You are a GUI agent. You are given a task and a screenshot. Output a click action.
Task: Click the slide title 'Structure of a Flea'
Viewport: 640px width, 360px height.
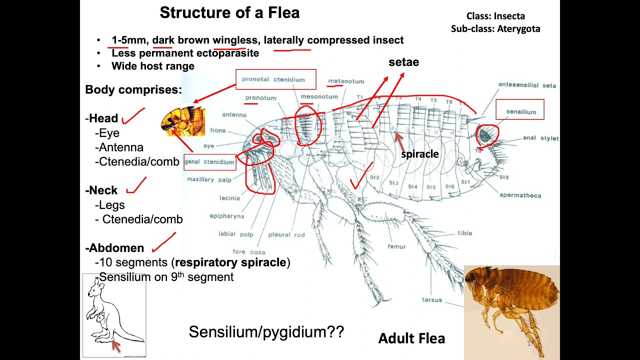pos(229,12)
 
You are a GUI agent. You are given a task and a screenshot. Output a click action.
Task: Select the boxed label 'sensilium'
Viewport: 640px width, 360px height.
pos(520,111)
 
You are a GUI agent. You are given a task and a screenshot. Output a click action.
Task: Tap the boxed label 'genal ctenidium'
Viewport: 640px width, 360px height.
pos(209,162)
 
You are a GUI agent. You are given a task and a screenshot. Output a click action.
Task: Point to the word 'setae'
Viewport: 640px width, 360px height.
pos(403,62)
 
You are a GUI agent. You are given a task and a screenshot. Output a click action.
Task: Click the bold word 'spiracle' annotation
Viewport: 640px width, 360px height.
pos(419,154)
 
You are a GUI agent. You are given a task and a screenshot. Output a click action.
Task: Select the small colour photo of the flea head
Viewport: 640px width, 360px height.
pos(183,121)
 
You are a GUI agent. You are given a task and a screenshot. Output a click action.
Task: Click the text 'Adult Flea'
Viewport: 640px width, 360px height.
pos(411,338)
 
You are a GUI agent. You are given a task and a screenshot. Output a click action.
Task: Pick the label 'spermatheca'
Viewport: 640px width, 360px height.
pos(520,195)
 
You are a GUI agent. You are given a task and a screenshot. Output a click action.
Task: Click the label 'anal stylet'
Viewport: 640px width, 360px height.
pos(540,138)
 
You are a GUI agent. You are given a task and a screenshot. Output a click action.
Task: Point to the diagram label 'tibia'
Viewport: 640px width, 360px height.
pos(464,233)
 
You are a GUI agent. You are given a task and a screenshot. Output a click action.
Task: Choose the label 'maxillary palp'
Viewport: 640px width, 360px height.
pos(209,179)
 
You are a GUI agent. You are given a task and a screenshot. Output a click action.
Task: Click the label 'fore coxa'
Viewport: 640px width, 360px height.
pos(249,252)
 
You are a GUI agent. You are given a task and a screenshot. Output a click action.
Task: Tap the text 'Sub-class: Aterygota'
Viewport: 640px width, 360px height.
pos(495,29)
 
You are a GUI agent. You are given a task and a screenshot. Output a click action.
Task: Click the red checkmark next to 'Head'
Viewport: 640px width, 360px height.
pos(133,116)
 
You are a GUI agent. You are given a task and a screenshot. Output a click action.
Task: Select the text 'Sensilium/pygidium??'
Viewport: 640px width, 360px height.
pos(266,332)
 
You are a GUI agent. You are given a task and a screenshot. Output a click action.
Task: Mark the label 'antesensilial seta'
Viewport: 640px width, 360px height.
pos(526,85)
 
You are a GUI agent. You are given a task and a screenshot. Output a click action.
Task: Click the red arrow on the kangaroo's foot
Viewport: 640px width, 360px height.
pos(116,346)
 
